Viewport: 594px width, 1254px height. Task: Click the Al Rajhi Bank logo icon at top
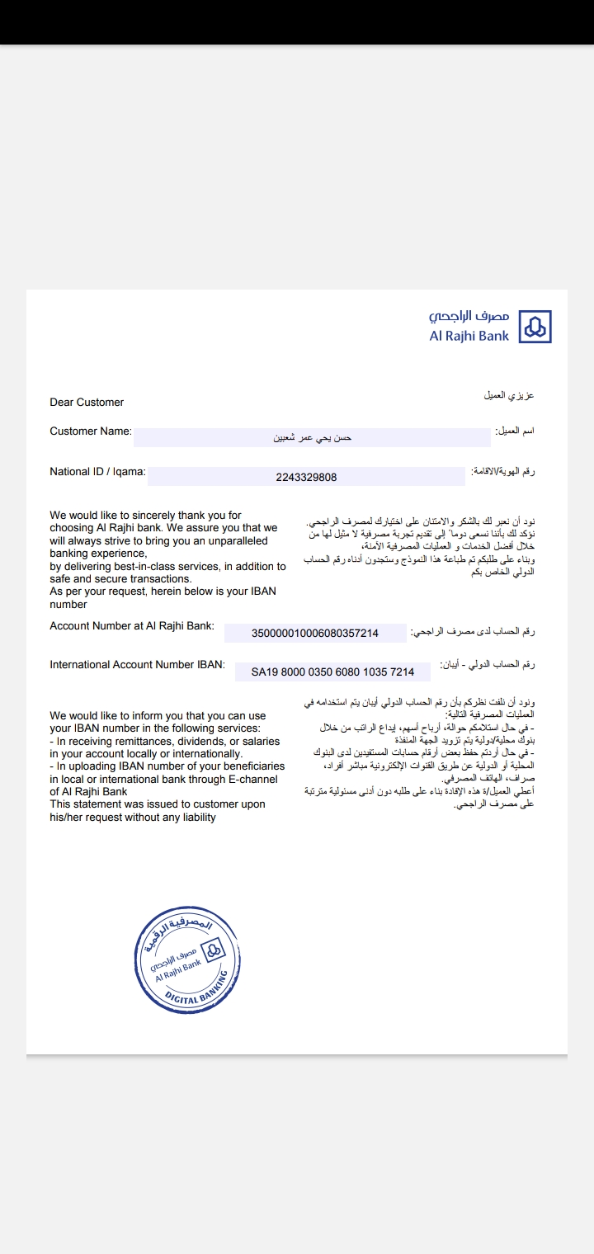[536, 327]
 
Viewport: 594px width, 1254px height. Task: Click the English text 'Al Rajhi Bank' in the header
[469, 336]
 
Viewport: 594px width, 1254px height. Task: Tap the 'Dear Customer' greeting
[87, 403]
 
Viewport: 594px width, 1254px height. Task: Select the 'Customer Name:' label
[91, 431]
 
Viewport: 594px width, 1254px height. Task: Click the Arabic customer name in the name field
[313, 438]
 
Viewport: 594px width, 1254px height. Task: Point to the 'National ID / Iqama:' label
[97, 472]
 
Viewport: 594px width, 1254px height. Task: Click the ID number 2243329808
[306, 477]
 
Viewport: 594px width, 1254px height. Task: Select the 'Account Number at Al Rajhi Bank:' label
[132, 626]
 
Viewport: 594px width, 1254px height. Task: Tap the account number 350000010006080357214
[314, 634]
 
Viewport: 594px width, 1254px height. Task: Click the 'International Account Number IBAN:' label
[137, 665]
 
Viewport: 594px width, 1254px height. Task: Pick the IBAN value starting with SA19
[332, 672]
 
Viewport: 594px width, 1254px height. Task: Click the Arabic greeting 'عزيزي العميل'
[509, 396]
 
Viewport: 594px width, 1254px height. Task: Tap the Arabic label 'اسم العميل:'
[514, 431]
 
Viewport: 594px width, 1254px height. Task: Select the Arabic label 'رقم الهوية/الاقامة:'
[502, 471]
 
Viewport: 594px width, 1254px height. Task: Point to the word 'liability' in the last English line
[195, 818]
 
